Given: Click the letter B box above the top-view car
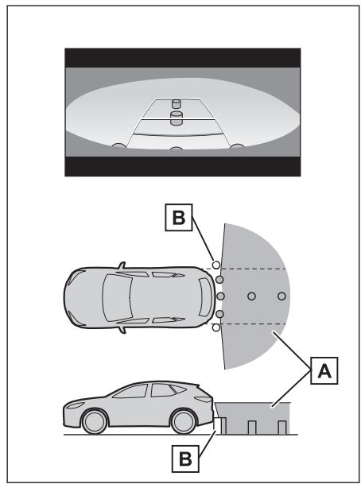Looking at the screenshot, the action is [179, 217].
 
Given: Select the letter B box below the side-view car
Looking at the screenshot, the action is [185, 459].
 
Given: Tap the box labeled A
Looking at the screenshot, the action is [324, 370].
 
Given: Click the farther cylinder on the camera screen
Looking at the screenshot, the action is [176, 103].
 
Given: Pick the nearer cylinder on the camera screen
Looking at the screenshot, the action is [177, 118].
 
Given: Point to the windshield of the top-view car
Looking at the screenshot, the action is [118, 297].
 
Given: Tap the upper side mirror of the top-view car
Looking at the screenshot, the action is [122, 265].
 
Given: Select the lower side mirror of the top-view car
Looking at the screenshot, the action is [122, 331].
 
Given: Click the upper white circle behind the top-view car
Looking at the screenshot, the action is [216, 265].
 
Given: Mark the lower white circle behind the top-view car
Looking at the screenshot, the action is [216, 327].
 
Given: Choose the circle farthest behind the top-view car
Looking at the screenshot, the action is [281, 296].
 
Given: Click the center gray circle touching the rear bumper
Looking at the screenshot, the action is [220, 296].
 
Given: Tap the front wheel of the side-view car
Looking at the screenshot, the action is [95, 422].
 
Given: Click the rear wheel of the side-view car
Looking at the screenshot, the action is [184, 422].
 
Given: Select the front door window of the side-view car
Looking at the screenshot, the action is [130, 391].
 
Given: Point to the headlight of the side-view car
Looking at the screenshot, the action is [75, 405].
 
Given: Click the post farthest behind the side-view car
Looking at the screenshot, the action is [281, 428].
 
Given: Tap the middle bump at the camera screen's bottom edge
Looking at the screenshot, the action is [176, 148].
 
